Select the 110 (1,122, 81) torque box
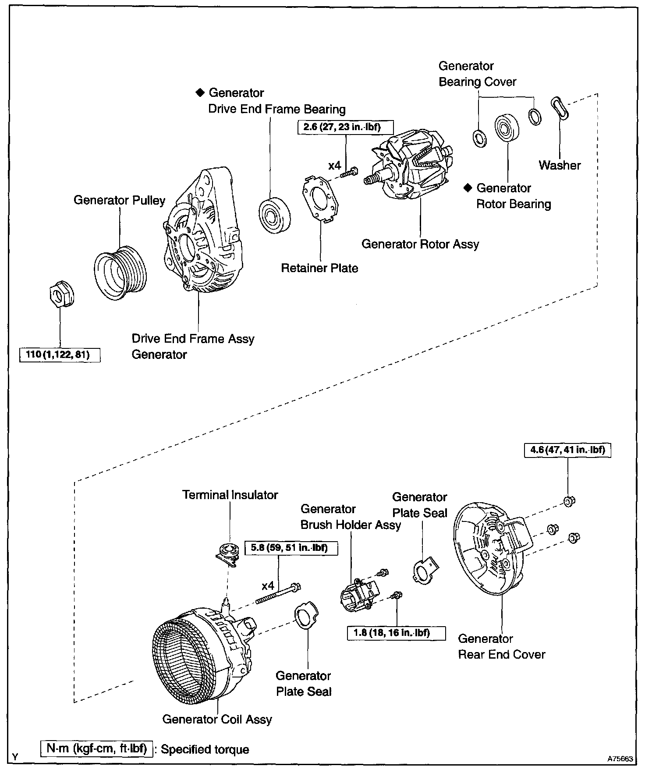(60, 355)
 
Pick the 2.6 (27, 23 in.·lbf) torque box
(345, 127)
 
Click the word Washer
(560, 165)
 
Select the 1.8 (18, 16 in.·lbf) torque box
(396, 633)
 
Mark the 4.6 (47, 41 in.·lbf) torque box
(567, 450)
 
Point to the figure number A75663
(620, 757)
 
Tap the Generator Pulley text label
(119, 200)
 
